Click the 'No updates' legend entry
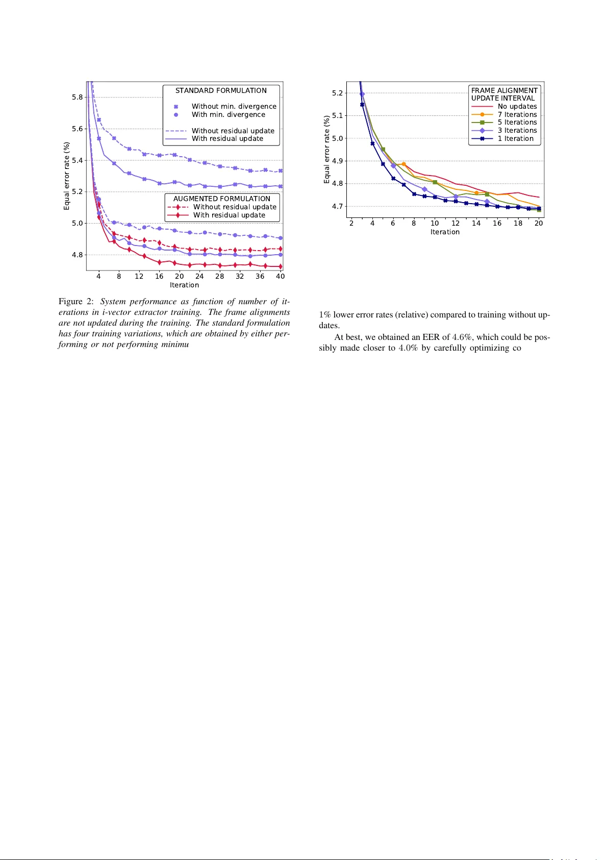[x=517, y=107]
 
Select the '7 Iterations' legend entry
[x=517, y=115]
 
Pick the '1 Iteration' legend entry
[x=515, y=139]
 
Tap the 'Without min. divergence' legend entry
[x=234, y=107]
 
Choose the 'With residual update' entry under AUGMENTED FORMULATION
[x=229, y=215]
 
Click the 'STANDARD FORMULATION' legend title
[x=221, y=91]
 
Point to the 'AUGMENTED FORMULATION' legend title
[x=222, y=199]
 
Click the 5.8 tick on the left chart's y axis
[x=77, y=97]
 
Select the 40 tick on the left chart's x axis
[x=280, y=277]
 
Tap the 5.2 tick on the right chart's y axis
[x=337, y=93]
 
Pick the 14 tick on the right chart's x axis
[x=476, y=224]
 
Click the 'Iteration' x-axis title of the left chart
[x=184, y=285]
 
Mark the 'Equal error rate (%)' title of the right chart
[x=327, y=150]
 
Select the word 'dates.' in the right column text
[x=329, y=326]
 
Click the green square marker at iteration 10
[x=435, y=182]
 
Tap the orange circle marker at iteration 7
[x=403, y=164]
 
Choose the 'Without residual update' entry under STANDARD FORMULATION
[x=233, y=131]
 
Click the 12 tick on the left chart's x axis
[x=139, y=277]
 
